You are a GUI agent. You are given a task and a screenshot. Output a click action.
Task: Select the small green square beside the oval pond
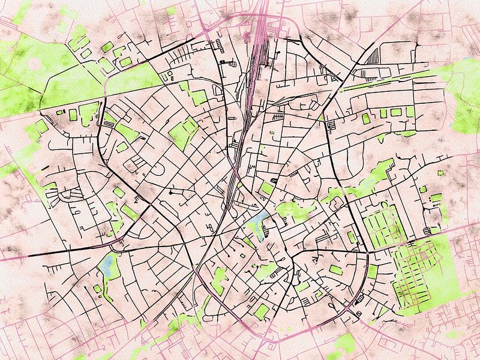click(97, 289)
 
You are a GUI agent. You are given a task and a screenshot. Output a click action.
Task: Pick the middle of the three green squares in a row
click(395, 112)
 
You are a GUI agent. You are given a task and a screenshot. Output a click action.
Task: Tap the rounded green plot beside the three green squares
click(366, 118)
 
